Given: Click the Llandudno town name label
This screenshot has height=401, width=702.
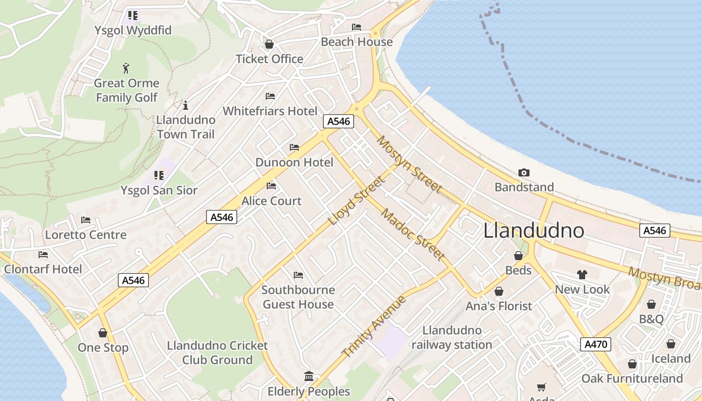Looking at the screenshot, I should pos(534,231).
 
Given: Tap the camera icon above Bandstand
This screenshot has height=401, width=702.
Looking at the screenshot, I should pos(524,173).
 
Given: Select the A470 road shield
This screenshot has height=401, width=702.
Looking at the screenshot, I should pos(596,344).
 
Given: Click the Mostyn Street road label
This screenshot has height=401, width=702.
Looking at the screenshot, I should pos(409,164).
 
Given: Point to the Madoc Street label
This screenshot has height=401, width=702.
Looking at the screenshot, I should pos(413,234).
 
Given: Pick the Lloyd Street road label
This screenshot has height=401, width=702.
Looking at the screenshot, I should pos(356,200).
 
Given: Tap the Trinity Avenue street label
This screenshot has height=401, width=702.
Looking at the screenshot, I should pos(374,327).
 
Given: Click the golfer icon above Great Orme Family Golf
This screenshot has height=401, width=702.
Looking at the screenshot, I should pos(126,68).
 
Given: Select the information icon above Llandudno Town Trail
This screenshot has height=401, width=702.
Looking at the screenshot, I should pos(186,105).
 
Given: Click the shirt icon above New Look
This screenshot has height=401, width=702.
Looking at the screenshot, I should pos(582,275).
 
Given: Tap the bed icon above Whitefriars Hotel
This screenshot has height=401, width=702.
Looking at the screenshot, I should pos(270,96).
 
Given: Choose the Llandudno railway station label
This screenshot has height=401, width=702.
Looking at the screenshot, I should pos(452,337).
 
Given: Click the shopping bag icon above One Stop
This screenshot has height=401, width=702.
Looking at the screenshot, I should pos(103,333).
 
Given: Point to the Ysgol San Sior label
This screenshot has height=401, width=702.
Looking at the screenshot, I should pos(159,190).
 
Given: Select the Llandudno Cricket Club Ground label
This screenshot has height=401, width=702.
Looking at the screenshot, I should pos(217,352).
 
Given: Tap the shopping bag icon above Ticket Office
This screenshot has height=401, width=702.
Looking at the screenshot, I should pos(269,44).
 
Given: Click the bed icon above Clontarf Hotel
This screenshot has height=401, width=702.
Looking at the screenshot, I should pos(43,255).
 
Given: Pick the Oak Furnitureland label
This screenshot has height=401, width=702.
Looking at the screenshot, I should pos(632,378).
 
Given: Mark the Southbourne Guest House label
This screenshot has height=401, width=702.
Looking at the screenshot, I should pos(298,297).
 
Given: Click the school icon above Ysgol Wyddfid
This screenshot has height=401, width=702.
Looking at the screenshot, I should pos(132,16).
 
